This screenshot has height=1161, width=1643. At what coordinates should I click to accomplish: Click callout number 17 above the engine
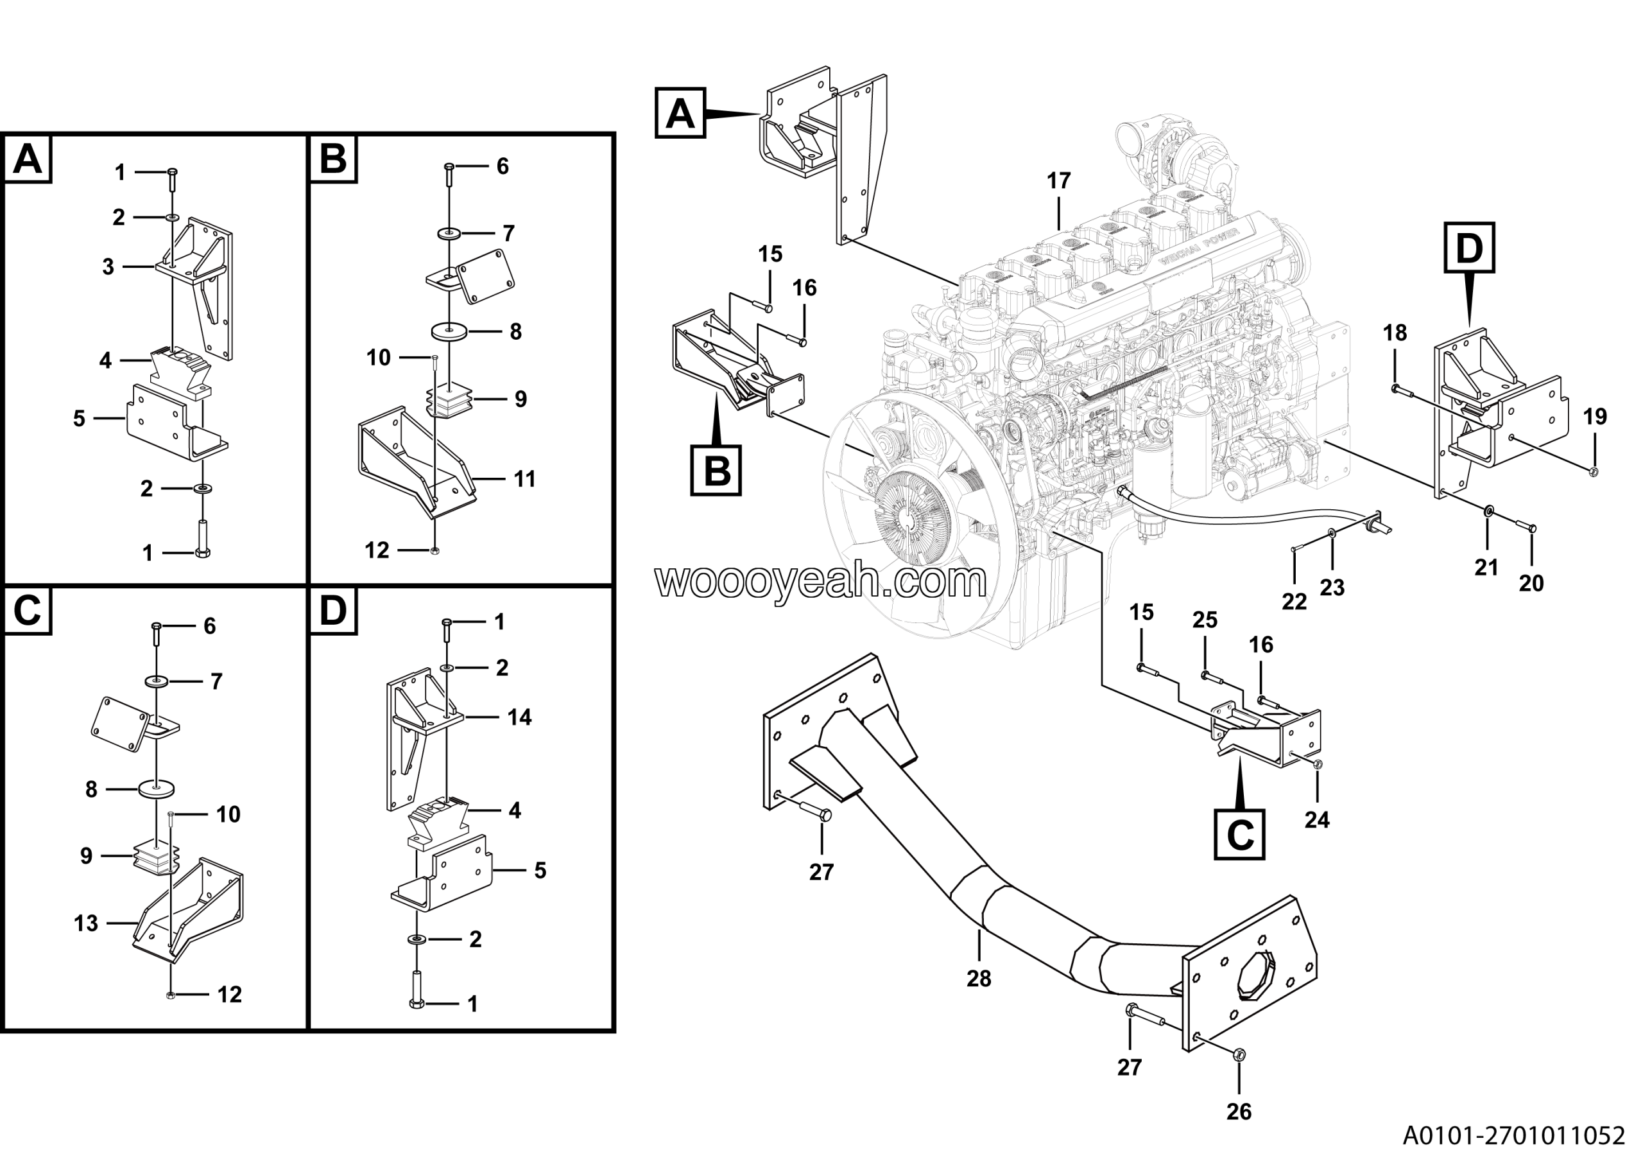(1058, 181)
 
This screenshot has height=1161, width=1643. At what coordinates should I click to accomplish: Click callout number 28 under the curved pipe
(979, 979)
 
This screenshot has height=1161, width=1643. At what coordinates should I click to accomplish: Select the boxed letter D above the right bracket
(1469, 249)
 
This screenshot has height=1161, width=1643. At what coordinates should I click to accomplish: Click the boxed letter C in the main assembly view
(1239, 834)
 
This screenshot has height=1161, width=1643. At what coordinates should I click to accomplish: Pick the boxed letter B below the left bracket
(716, 471)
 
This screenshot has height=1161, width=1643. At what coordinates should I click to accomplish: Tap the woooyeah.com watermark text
(821, 581)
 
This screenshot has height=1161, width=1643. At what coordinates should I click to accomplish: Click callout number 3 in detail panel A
(108, 267)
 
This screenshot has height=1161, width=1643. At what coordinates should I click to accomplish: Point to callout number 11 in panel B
(524, 479)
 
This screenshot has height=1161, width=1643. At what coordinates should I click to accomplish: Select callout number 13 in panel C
(86, 923)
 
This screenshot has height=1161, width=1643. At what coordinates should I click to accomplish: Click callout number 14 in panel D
(519, 717)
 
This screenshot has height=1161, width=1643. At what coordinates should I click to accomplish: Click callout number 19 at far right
(1595, 417)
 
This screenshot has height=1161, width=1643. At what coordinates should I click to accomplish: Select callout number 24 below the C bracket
(1317, 819)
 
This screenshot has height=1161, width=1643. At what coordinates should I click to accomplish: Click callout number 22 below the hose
(1294, 602)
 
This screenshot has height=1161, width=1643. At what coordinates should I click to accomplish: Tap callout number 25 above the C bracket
(1205, 620)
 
